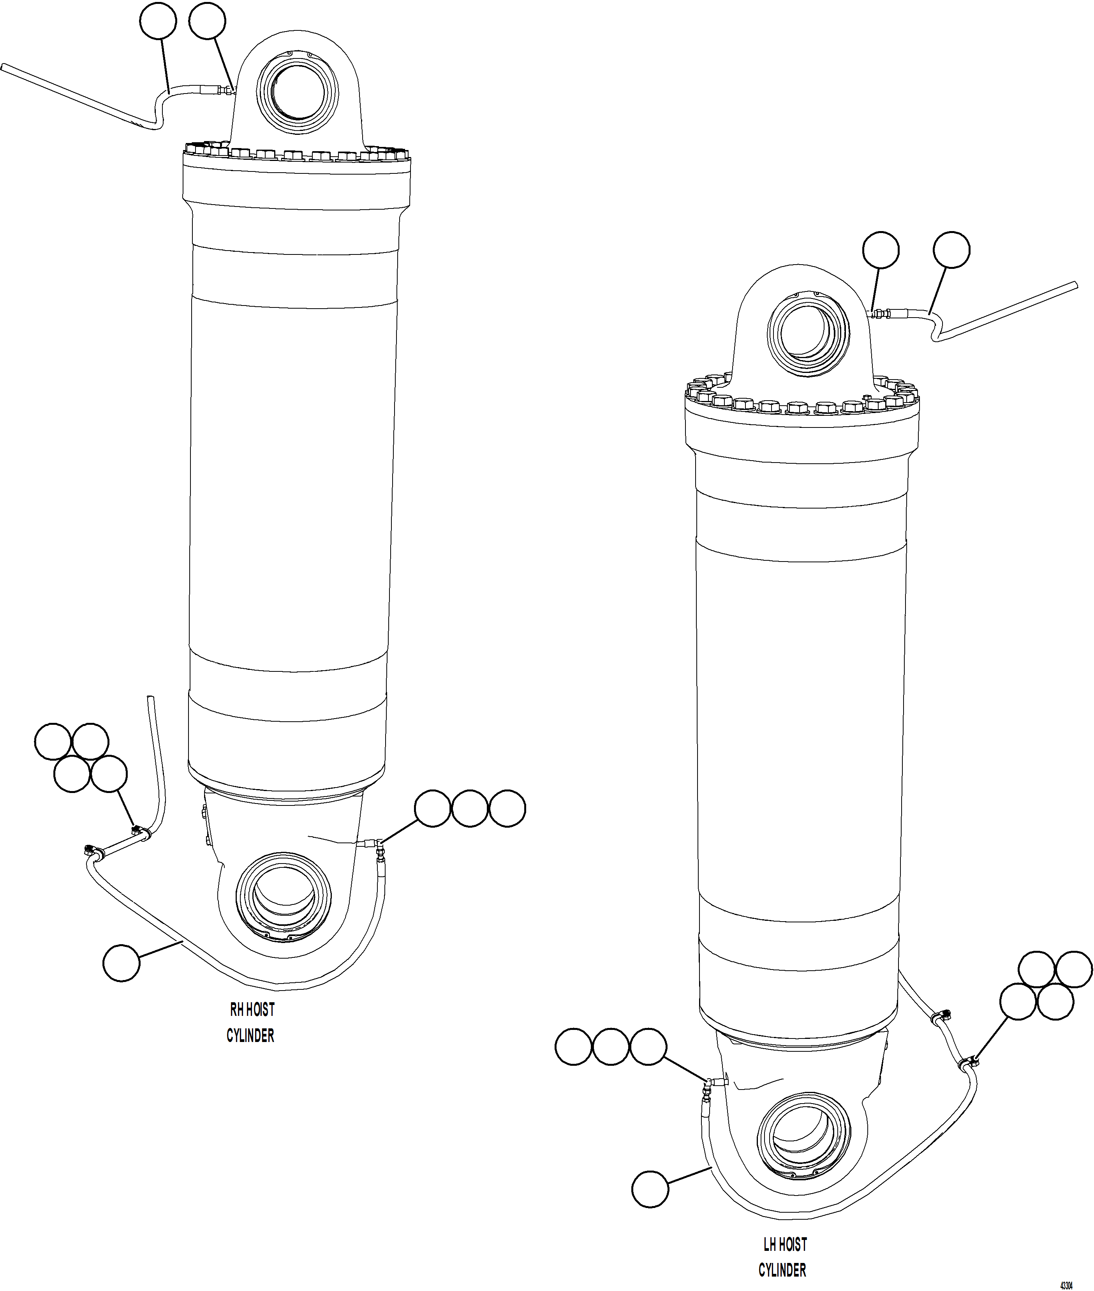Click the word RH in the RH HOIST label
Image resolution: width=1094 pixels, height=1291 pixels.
tap(236, 1010)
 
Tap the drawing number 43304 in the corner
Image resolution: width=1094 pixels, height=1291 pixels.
tap(1066, 1280)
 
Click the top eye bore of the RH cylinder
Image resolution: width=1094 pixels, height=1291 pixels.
tap(297, 94)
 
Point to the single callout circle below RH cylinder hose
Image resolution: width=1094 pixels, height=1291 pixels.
tap(122, 963)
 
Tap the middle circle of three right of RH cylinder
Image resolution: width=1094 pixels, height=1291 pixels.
tap(469, 808)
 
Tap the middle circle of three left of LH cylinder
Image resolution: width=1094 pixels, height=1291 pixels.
tap(611, 1047)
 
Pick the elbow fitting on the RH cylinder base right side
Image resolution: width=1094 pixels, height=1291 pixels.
tap(378, 844)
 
